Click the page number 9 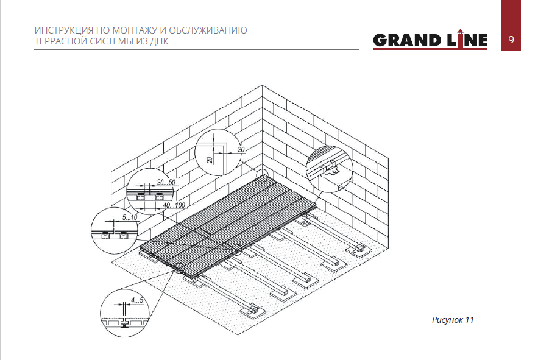pyautogui.click(x=511, y=40)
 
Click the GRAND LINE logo pyautogui.click(x=430, y=40)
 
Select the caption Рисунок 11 pyautogui.click(x=453, y=320)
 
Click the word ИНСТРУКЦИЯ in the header pyautogui.click(x=64, y=30)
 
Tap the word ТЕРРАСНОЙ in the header pyautogui.click(x=60, y=41)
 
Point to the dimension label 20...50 pyautogui.click(x=166, y=182)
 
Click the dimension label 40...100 pyautogui.click(x=174, y=205)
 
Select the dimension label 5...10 pyautogui.click(x=130, y=217)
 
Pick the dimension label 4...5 pyautogui.click(x=137, y=300)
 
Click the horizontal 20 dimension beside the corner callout pyautogui.click(x=241, y=150)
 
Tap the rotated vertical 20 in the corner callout pyautogui.click(x=210, y=160)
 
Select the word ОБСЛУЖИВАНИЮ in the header pyautogui.click(x=208, y=30)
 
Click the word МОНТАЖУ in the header pyautogui.click(x=135, y=30)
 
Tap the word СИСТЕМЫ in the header pyautogui.click(x=111, y=41)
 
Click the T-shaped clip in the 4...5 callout pyautogui.click(x=125, y=323)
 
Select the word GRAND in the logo pyautogui.click(x=407, y=40)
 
